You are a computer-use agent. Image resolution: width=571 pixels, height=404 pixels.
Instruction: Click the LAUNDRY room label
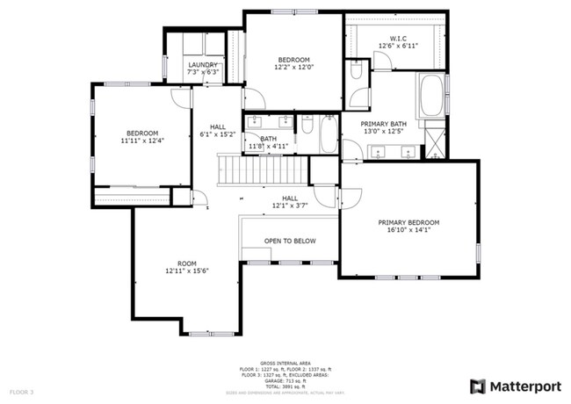click(x=203, y=65)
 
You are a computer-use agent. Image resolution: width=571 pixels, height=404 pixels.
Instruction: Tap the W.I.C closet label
click(x=392, y=38)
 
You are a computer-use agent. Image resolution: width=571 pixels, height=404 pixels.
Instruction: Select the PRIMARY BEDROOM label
click(x=408, y=223)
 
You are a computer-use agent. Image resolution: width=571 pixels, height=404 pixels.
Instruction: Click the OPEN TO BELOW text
click(x=290, y=241)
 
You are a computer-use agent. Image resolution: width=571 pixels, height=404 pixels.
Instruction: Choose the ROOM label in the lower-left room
click(x=186, y=263)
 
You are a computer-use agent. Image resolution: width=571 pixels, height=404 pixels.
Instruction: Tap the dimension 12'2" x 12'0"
click(x=293, y=67)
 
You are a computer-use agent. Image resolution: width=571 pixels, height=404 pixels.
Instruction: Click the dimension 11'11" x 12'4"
click(x=142, y=140)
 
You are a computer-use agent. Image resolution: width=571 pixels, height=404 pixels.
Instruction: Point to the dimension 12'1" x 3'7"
click(x=290, y=206)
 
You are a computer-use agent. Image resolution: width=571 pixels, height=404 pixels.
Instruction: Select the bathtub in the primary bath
click(x=431, y=97)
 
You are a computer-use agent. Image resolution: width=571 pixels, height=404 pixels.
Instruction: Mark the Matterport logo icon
click(x=477, y=386)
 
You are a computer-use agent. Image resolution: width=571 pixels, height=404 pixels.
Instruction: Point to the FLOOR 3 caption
click(x=21, y=391)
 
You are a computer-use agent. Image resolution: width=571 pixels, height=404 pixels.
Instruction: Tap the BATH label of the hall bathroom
click(x=268, y=139)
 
